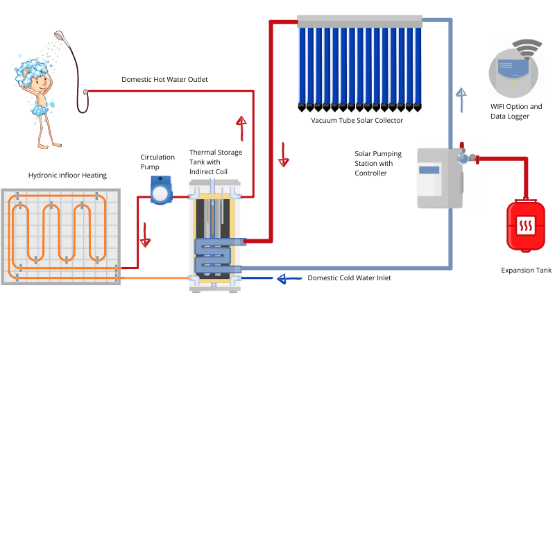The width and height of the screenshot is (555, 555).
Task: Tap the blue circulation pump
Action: point(161,190)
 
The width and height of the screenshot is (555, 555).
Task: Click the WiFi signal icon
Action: point(527,49)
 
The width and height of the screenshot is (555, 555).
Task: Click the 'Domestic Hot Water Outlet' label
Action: point(164,80)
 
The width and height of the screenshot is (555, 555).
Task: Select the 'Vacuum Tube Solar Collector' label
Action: point(357,120)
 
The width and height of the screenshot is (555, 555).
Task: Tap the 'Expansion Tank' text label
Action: point(526,270)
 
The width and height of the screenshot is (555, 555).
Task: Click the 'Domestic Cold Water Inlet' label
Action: point(349,278)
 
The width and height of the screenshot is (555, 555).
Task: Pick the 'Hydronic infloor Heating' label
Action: point(67,176)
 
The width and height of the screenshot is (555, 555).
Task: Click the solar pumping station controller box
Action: point(439,178)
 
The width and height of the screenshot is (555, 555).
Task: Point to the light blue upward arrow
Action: point(461,99)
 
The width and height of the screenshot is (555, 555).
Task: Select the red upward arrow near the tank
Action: point(241,128)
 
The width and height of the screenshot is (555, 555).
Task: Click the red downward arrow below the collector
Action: point(283,154)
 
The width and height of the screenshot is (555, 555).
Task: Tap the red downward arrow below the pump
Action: point(145,234)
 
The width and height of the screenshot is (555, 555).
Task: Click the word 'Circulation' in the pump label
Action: point(157,157)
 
